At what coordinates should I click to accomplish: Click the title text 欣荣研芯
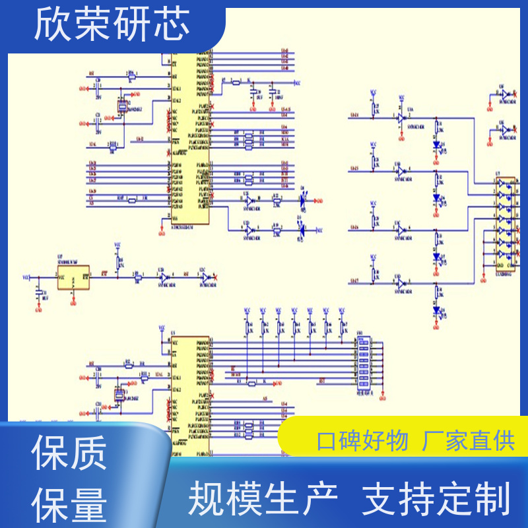[x=112, y=26]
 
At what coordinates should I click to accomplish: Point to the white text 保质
[x=69, y=455]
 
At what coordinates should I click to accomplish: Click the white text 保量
[x=69, y=505]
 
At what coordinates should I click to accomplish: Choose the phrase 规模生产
[x=263, y=498]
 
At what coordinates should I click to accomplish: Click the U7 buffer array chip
[x=506, y=224]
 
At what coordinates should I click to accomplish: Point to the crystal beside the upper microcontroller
[x=121, y=106]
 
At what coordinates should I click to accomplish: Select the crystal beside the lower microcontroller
[x=119, y=395]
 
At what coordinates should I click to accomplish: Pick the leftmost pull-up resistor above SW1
[x=247, y=327]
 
